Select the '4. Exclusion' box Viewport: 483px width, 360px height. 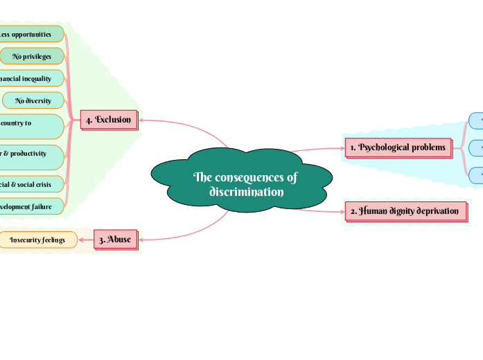(108, 120)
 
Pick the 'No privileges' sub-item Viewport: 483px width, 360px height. (32, 56)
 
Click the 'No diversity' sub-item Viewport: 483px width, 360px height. (33, 100)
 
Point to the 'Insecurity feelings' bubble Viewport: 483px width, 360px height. (37, 240)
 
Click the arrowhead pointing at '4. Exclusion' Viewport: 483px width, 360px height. (141, 120)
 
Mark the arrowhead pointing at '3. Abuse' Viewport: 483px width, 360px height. (141, 240)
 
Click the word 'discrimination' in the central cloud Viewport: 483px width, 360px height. (246, 192)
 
